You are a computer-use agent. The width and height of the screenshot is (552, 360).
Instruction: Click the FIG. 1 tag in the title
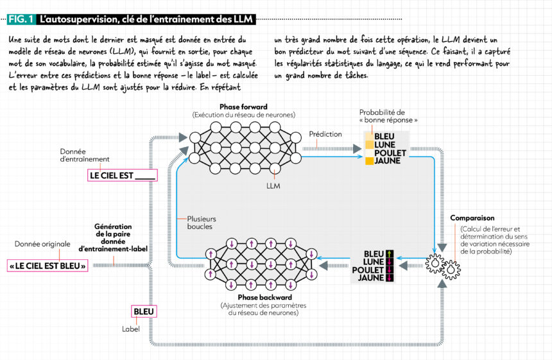pos(22,20)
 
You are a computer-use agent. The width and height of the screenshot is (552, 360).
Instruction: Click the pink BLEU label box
pos(144,312)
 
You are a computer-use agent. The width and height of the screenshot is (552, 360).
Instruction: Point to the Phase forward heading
pos(243,107)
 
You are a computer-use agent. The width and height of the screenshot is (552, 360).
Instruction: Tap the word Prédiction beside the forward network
pos(325,134)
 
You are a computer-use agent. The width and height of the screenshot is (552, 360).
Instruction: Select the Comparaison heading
pos(472,218)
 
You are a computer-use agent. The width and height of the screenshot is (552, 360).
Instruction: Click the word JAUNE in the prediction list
pos(387,161)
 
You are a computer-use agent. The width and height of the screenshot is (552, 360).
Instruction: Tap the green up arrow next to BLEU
pos(390,253)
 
